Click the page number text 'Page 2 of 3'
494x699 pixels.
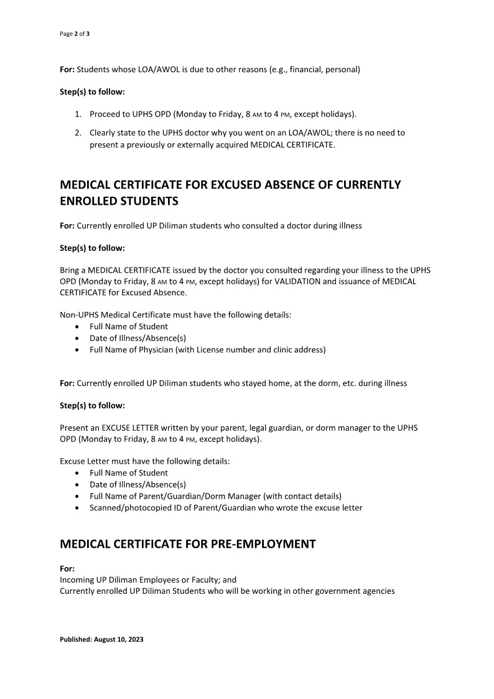pyautogui.click(x=75, y=33)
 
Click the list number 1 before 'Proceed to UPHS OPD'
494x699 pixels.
pyautogui.click(x=78, y=115)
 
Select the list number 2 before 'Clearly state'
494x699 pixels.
pyautogui.click(x=78, y=133)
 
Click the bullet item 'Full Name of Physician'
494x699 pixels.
pyautogui.click(x=207, y=350)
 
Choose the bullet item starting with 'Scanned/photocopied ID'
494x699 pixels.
pyautogui.click(x=226, y=508)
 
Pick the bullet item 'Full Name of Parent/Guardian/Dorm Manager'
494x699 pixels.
pyautogui.click(x=215, y=496)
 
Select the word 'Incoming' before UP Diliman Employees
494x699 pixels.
pyautogui.click(x=77, y=579)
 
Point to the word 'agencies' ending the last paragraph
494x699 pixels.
pyautogui.click(x=376, y=591)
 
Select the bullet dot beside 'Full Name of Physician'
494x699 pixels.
pyautogui.click(x=77, y=350)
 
